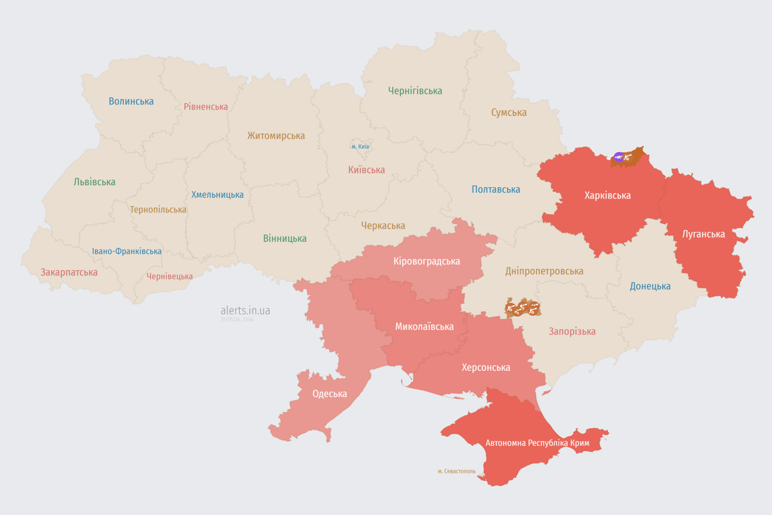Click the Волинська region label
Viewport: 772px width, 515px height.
(131, 101)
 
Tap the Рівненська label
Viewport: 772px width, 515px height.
(206, 107)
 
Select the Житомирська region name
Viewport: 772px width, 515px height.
(276, 135)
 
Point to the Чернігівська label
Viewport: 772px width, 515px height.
(415, 91)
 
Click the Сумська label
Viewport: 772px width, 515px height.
(509, 113)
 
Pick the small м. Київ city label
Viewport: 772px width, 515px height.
(360, 146)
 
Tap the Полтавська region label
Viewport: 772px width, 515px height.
(496, 189)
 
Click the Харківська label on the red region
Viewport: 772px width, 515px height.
(607, 196)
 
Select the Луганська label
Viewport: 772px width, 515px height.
(703, 234)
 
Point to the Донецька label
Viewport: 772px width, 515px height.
(650, 286)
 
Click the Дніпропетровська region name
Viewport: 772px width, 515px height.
(544, 272)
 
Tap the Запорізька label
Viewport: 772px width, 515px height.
(572, 331)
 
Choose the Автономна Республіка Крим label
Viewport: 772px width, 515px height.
(537, 443)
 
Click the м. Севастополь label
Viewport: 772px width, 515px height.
(456, 471)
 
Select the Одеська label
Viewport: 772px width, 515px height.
(330, 394)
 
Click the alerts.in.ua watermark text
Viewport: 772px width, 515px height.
(245, 310)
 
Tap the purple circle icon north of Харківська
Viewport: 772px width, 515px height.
(619, 157)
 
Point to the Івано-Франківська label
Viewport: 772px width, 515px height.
(127, 251)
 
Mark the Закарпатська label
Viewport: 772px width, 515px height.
(69, 272)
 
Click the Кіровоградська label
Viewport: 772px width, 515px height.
(427, 261)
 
